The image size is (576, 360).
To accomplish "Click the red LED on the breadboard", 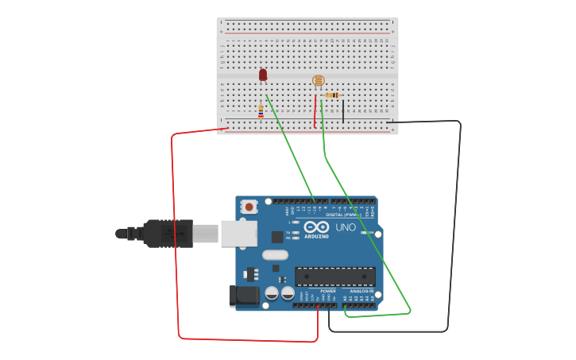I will coord(263,75).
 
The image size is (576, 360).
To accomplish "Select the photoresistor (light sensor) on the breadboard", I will coord(319,80).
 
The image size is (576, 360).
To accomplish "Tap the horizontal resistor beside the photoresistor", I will coord(332,95).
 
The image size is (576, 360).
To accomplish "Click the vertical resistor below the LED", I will coord(261,111).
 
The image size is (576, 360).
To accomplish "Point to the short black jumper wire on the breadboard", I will coord(343,110).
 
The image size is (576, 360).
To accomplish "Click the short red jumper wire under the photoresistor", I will coord(315,111).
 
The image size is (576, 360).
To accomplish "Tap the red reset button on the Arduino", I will coord(249,207).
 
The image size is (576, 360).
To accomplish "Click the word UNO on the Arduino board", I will coord(346,227).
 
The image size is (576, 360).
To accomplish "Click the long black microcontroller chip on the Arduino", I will coord(334,277).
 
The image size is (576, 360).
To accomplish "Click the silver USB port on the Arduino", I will coord(238,233).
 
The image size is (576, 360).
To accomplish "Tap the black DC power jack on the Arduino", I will coord(243,296).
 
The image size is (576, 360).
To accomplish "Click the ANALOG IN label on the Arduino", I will coord(361,291).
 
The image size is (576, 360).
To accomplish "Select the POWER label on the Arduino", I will coord(328,291).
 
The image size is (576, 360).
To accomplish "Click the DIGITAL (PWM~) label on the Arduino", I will coord(343,215).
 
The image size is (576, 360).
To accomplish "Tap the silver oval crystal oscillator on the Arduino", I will coord(274,255).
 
